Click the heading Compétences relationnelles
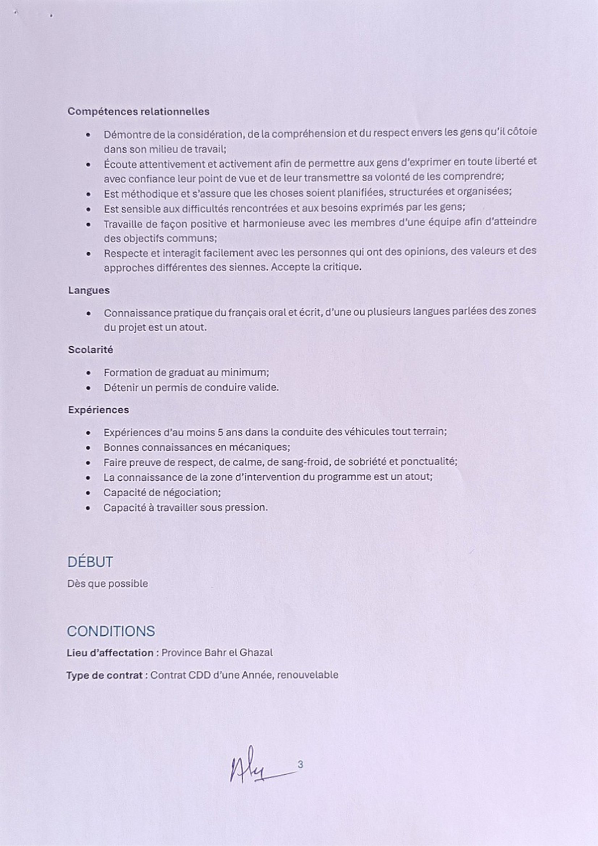tap(139, 111)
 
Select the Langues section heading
tap(89, 290)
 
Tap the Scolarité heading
tap(90, 350)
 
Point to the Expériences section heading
tap(98, 410)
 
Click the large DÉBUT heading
tap(90, 562)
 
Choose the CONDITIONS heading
tap(111, 631)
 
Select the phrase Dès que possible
tap(107, 584)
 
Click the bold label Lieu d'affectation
tap(110, 653)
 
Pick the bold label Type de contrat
tap(105, 675)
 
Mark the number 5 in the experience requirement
tap(221, 432)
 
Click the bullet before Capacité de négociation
tap(88, 493)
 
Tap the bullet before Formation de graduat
tap(88, 373)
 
